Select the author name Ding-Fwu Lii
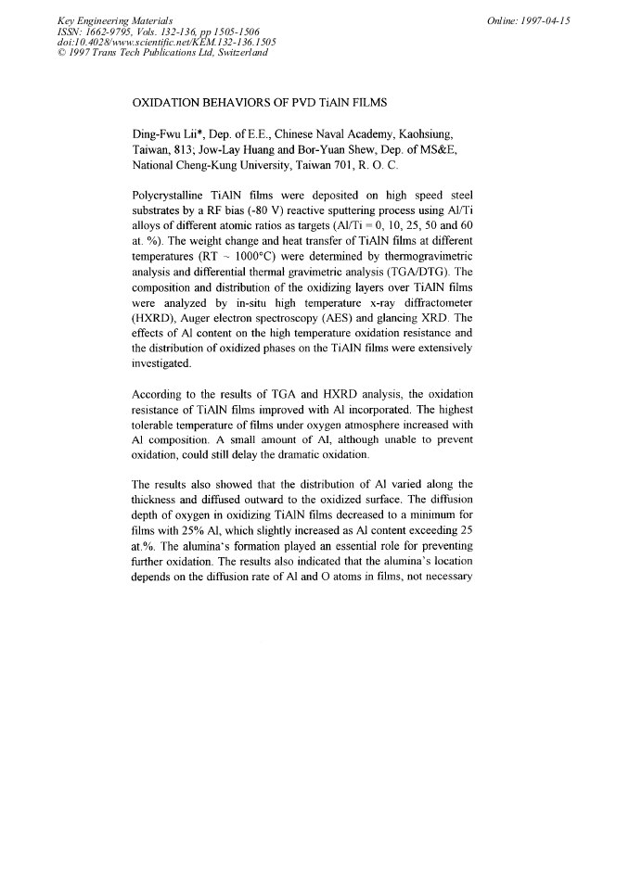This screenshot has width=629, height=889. click(x=171, y=133)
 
